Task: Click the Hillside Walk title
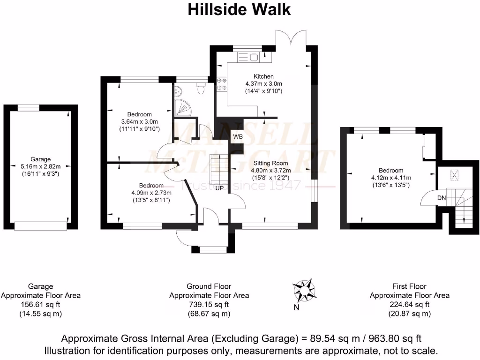(x=239, y=9)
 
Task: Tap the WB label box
(x=238, y=137)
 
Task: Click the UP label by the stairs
(x=219, y=188)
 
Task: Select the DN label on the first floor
(x=442, y=198)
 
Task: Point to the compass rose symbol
(x=303, y=291)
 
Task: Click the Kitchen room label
(x=263, y=76)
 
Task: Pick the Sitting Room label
(x=268, y=164)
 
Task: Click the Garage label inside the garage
(x=40, y=159)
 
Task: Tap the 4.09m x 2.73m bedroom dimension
(x=151, y=193)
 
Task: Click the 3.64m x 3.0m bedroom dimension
(x=140, y=121)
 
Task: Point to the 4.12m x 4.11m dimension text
(x=390, y=178)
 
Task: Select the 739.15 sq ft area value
(x=209, y=305)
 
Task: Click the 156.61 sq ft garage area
(x=40, y=305)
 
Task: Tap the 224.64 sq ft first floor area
(x=410, y=305)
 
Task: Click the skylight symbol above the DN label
(x=453, y=175)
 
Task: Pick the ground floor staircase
(x=217, y=169)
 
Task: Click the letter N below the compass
(x=296, y=307)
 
